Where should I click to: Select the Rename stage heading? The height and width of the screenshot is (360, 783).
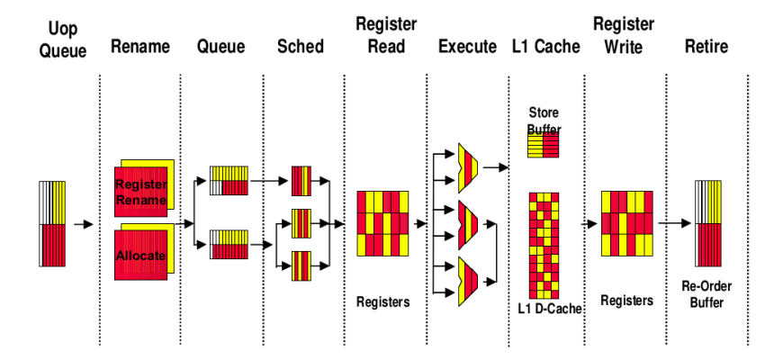pyautogui.click(x=140, y=46)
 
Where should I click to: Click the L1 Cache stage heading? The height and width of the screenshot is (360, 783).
pyautogui.click(x=544, y=46)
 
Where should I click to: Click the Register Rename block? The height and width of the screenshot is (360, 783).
pyautogui.click(x=141, y=192)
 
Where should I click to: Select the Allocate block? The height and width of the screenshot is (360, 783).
pyautogui.click(x=141, y=256)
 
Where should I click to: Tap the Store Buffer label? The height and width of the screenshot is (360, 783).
pyautogui.click(x=544, y=121)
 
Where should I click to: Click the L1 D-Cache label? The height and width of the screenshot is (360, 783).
pyautogui.click(x=546, y=310)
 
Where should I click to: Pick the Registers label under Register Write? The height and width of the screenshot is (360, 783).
pyautogui.click(x=626, y=301)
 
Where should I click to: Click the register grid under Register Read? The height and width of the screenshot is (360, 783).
pyautogui.click(x=382, y=222)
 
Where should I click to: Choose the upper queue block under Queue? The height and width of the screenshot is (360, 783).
pyautogui.click(x=229, y=180)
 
